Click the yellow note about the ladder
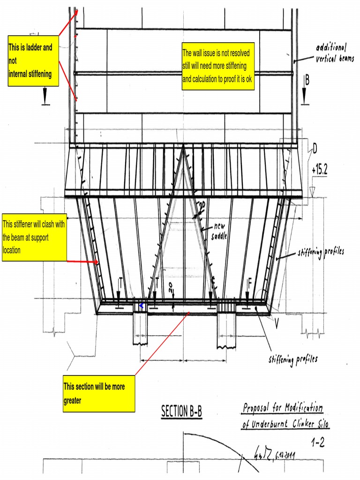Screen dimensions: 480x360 point(33,60)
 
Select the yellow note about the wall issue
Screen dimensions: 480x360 point(218,66)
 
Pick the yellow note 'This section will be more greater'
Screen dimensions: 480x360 point(99,393)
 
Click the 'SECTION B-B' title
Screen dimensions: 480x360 point(182,412)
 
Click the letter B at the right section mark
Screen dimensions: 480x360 point(307,80)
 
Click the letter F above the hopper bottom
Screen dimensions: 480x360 point(250,282)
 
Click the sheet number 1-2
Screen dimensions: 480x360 point(319,442)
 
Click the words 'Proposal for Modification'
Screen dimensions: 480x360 point(283,408)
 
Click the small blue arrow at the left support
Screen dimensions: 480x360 point(141,306)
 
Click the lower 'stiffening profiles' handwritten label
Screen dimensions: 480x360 point(293,360)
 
